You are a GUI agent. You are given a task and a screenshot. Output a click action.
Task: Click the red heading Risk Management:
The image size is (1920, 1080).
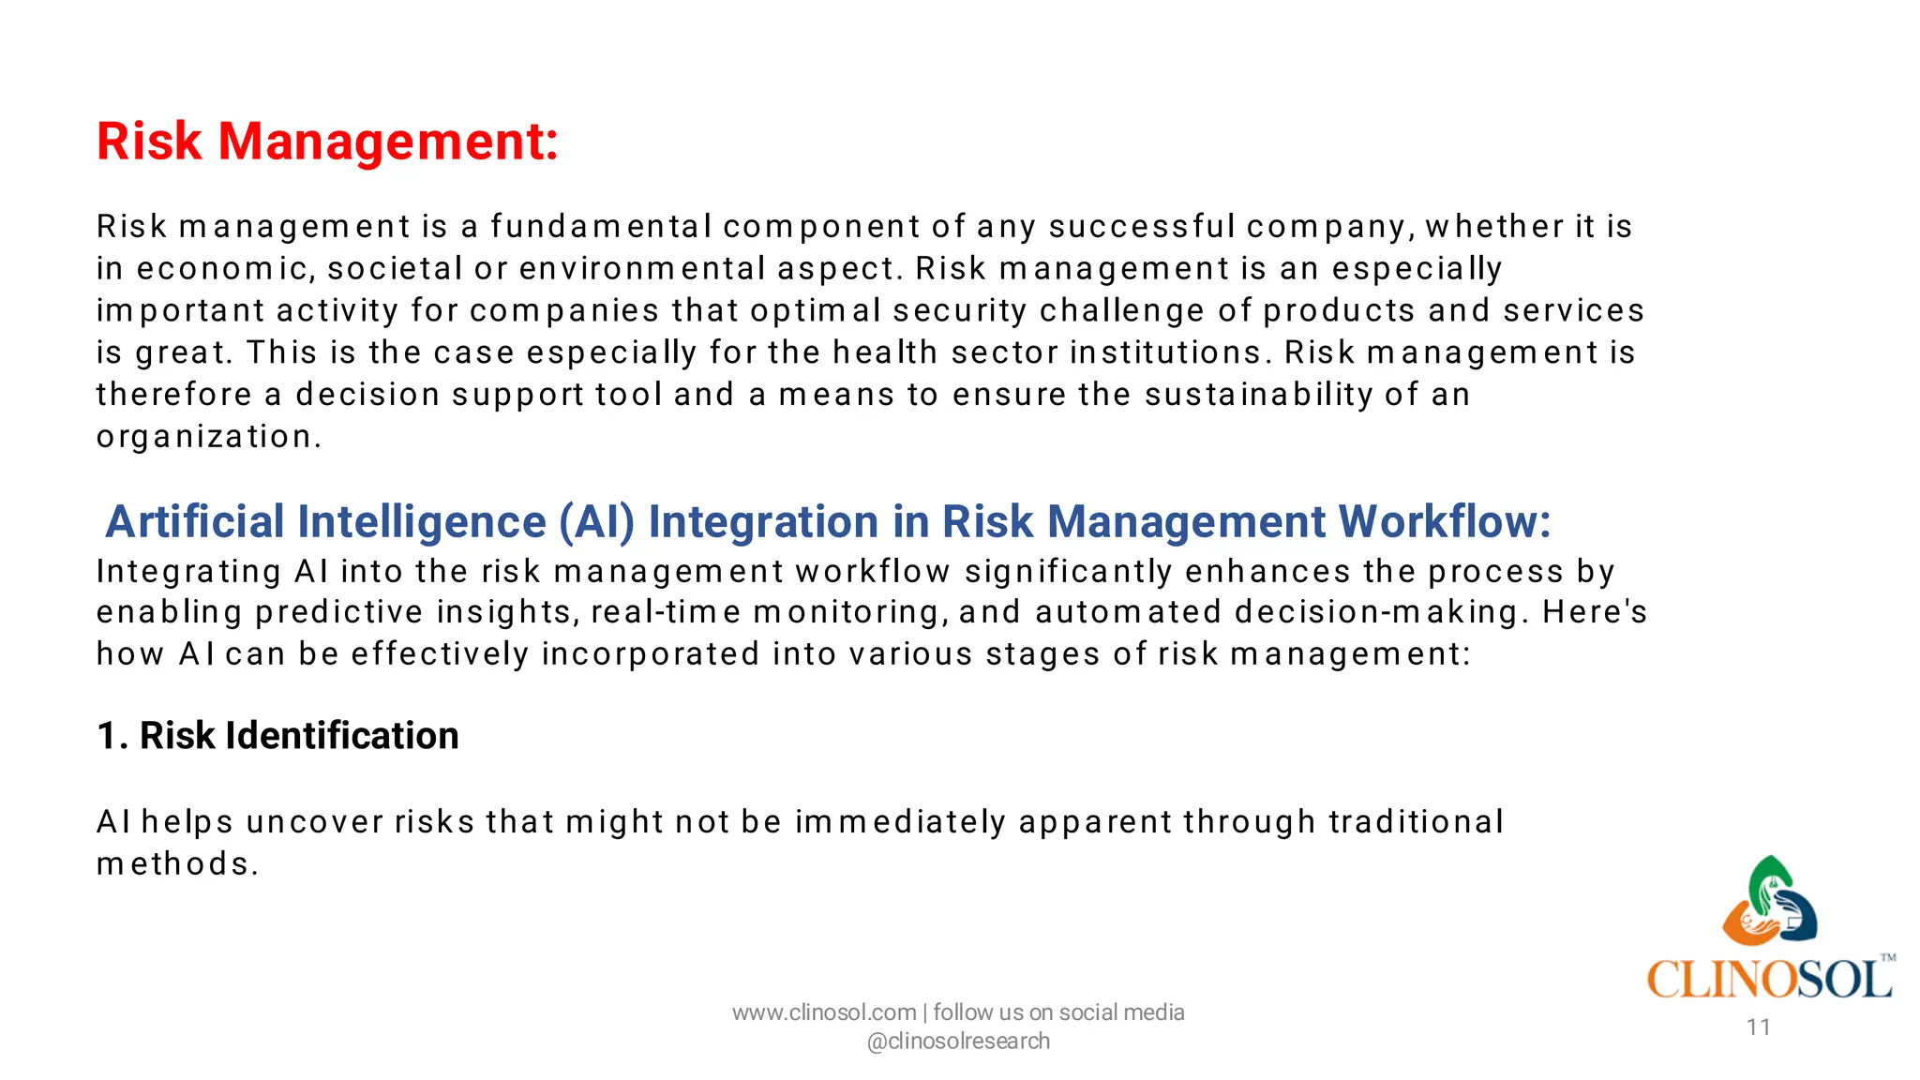coord(327,142)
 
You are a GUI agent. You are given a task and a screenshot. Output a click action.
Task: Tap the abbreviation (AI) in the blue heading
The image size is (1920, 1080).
coord(596,521)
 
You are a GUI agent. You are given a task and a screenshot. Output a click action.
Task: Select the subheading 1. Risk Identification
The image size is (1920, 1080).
coord(277,736)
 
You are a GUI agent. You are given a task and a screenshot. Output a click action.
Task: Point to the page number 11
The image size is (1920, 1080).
coord(1758,1027)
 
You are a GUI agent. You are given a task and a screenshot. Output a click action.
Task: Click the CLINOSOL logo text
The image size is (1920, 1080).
coord(1767,980)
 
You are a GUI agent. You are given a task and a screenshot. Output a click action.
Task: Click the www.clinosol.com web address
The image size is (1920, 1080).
coord(823,1012)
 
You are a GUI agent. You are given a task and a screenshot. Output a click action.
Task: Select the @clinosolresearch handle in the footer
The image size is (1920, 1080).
coord(958,1042)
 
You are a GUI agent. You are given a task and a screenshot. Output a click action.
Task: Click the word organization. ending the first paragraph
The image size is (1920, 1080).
coord(208,437)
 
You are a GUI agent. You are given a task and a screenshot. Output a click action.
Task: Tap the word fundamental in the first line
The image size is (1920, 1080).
coord(600,227)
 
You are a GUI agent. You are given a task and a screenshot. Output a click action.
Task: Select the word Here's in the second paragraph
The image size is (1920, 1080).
coord(1594,612)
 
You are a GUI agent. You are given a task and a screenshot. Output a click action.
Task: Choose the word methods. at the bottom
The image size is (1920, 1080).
coord(176,864)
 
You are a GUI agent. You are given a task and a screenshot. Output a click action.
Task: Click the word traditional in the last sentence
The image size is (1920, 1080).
coord(1416,822)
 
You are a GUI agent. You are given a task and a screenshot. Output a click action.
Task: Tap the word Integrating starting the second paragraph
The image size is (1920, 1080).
coord(188,572)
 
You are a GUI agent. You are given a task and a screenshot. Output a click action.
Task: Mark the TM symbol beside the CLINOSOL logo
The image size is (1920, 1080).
coord(1888,958)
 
